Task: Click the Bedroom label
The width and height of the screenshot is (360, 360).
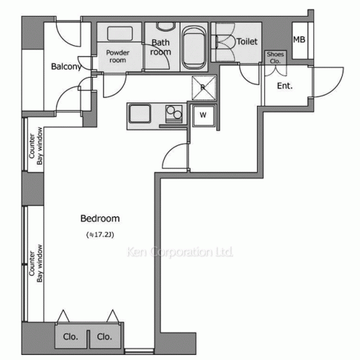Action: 99,219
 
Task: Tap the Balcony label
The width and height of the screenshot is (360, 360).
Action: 66,67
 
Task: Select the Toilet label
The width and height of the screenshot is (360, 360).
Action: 247,42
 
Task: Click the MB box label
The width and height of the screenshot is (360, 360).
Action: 299,40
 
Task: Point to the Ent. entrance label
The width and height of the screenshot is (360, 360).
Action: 286,87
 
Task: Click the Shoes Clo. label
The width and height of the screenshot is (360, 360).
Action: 274,58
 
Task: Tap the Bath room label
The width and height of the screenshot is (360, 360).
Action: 161,47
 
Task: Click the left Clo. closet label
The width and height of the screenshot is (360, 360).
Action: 71,336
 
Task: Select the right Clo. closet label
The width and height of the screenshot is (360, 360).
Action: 104,336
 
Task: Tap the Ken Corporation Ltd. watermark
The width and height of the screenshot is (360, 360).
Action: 179,253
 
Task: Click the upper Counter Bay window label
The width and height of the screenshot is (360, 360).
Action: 37,147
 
